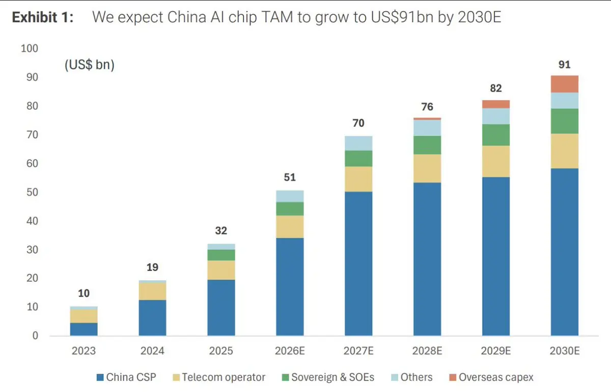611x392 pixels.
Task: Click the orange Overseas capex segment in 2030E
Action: point(564,84)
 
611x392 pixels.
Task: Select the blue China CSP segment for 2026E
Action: point(290,287)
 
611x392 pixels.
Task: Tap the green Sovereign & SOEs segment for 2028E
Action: point(427,145)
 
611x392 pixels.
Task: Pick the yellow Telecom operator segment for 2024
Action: point(152,291)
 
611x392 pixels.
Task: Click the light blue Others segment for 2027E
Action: point(358,143)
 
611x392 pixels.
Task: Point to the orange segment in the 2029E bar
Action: point(495,104)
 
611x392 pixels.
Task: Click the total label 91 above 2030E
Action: point(564,65)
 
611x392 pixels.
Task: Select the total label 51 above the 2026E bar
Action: point(290,177)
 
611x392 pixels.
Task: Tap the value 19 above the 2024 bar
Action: point(152,267)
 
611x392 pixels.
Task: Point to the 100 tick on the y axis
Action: point(30,48)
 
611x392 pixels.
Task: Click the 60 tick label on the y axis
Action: point(32,163)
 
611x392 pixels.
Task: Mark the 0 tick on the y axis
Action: point(35,336)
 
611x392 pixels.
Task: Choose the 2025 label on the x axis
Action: point(221,351)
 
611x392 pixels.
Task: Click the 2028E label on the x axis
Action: point(427,351)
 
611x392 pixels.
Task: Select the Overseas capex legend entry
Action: point(491,377)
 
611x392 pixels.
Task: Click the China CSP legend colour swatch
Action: point(100,377)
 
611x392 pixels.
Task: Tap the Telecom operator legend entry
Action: point(219,377)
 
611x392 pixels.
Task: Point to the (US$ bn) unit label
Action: point(90,65)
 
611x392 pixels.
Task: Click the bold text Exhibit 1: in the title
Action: point(43,17)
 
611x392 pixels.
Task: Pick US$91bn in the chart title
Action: point(402,17)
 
